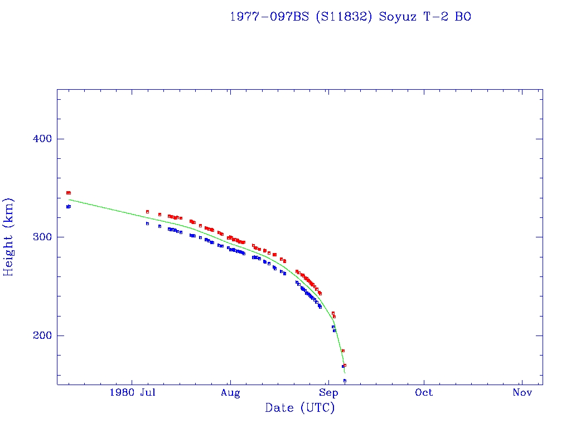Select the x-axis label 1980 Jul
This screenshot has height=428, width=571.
coord(132,393)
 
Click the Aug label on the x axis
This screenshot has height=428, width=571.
coord(230,393)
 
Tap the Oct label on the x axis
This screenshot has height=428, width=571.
coord(424,393)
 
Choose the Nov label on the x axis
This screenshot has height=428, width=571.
coord(522,393)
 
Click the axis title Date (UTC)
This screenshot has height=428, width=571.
coord(300,408)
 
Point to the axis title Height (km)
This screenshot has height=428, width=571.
coord(9,237)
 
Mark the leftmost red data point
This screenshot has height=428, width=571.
coord(67,193)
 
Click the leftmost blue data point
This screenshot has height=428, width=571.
coord(67,207)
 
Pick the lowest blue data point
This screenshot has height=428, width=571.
coord(345,381)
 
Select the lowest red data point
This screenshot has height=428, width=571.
coord(345,365)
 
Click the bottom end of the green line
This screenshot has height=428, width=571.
coord(345,373)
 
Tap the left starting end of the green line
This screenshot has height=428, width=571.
coord(69,200)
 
